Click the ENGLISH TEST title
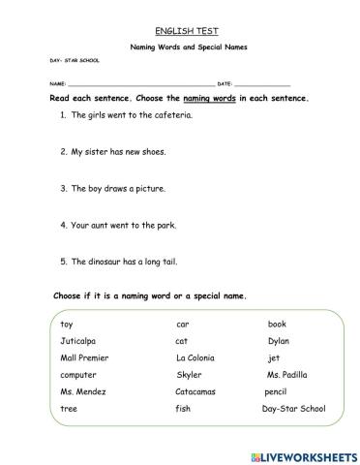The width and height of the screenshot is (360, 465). click(x=179, y=30)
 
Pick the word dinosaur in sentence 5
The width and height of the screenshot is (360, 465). click(x=106, y=261)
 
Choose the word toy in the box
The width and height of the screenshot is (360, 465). click(x=66, y=324)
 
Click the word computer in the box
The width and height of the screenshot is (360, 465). click(x=78, y=375)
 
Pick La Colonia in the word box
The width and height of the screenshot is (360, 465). click(x=197, y=358)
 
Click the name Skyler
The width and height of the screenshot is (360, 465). click(x=190, y=375)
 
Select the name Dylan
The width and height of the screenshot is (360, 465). click(x=279, y=341)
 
